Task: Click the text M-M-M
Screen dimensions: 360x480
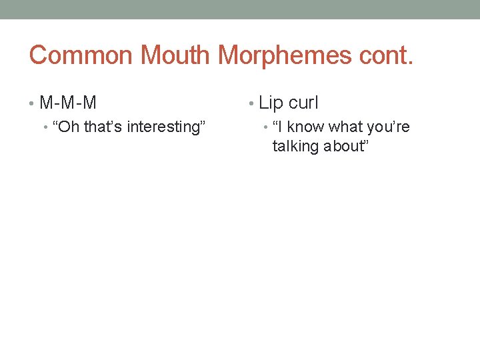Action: click(x=68, y=103)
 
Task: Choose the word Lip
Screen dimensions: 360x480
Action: click(x=271, y=103)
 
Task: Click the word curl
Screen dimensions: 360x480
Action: click(x=304, y=103)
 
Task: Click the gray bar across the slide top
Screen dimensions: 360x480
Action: click(x=240, y=9)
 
